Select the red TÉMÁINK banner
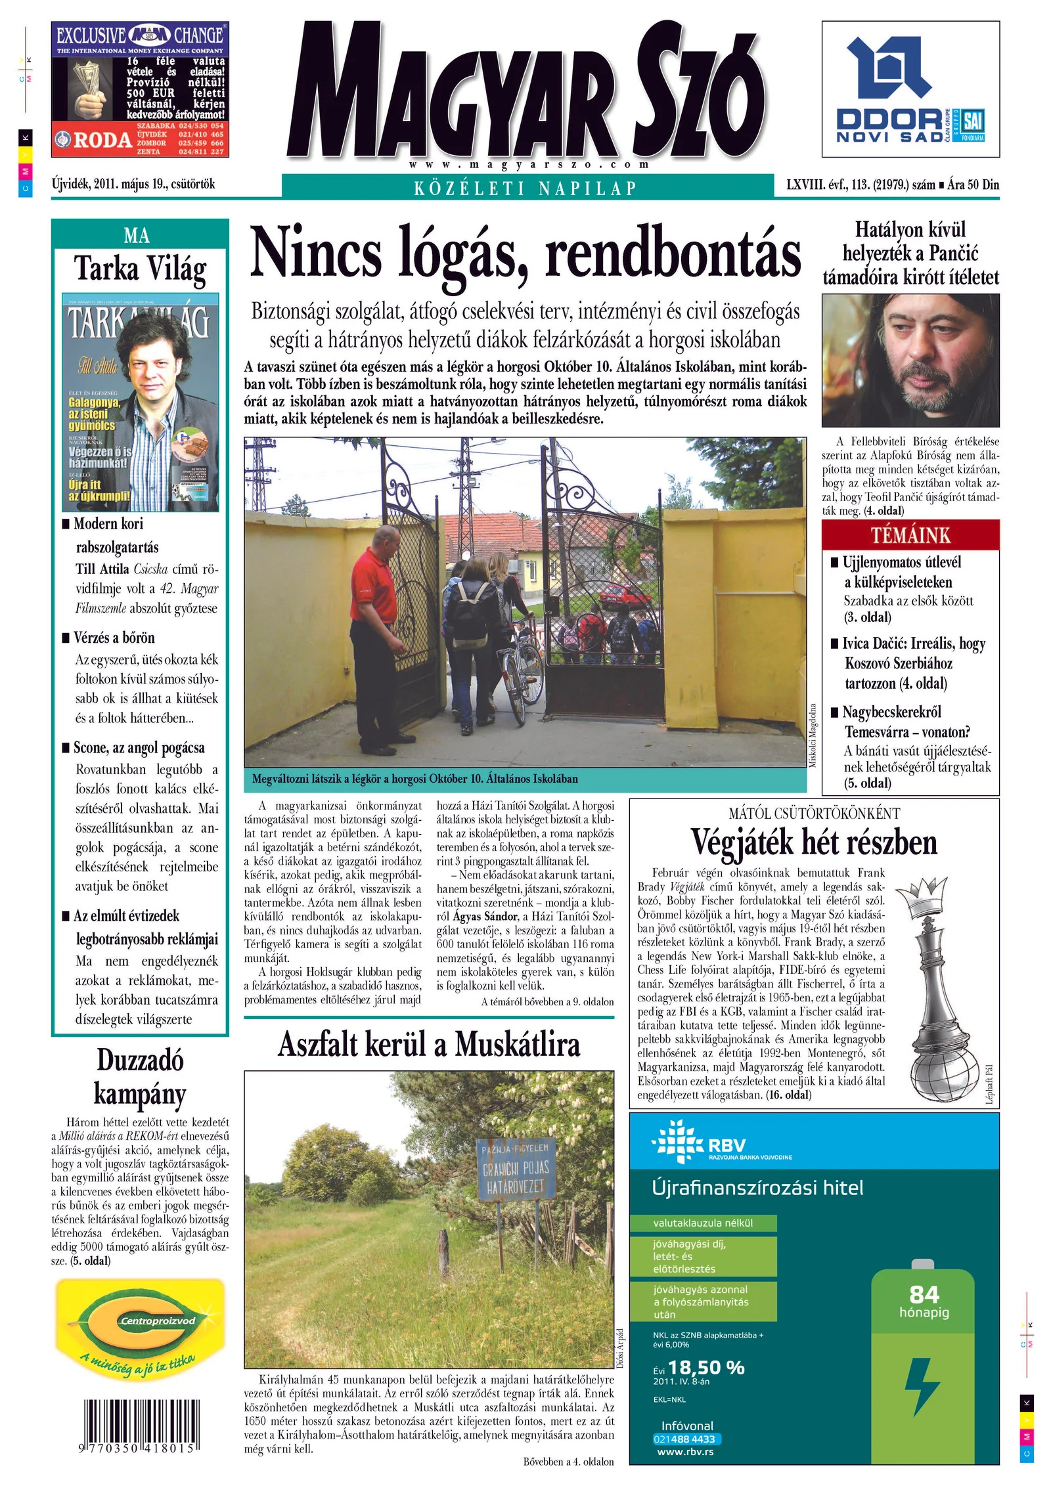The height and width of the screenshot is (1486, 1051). pyautogui.click(x=910, y=535)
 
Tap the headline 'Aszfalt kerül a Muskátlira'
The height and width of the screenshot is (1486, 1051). pyautogui.click(x=429, y=1045)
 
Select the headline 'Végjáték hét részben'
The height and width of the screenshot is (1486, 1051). pyautogui.click(x=813, y=843)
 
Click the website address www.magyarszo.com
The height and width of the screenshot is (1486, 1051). pyautogui.click(x=529, y=164)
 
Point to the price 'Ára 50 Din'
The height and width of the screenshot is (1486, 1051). pyautogui.click(x=973, y=185)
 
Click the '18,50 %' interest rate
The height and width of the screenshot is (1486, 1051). pyautogui.click(x=706, y=1368)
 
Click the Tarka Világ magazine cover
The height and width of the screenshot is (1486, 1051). pyautogui.click(x=140, y=402)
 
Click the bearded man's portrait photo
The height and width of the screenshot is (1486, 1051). pyautogui.click(x=910, y=360)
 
